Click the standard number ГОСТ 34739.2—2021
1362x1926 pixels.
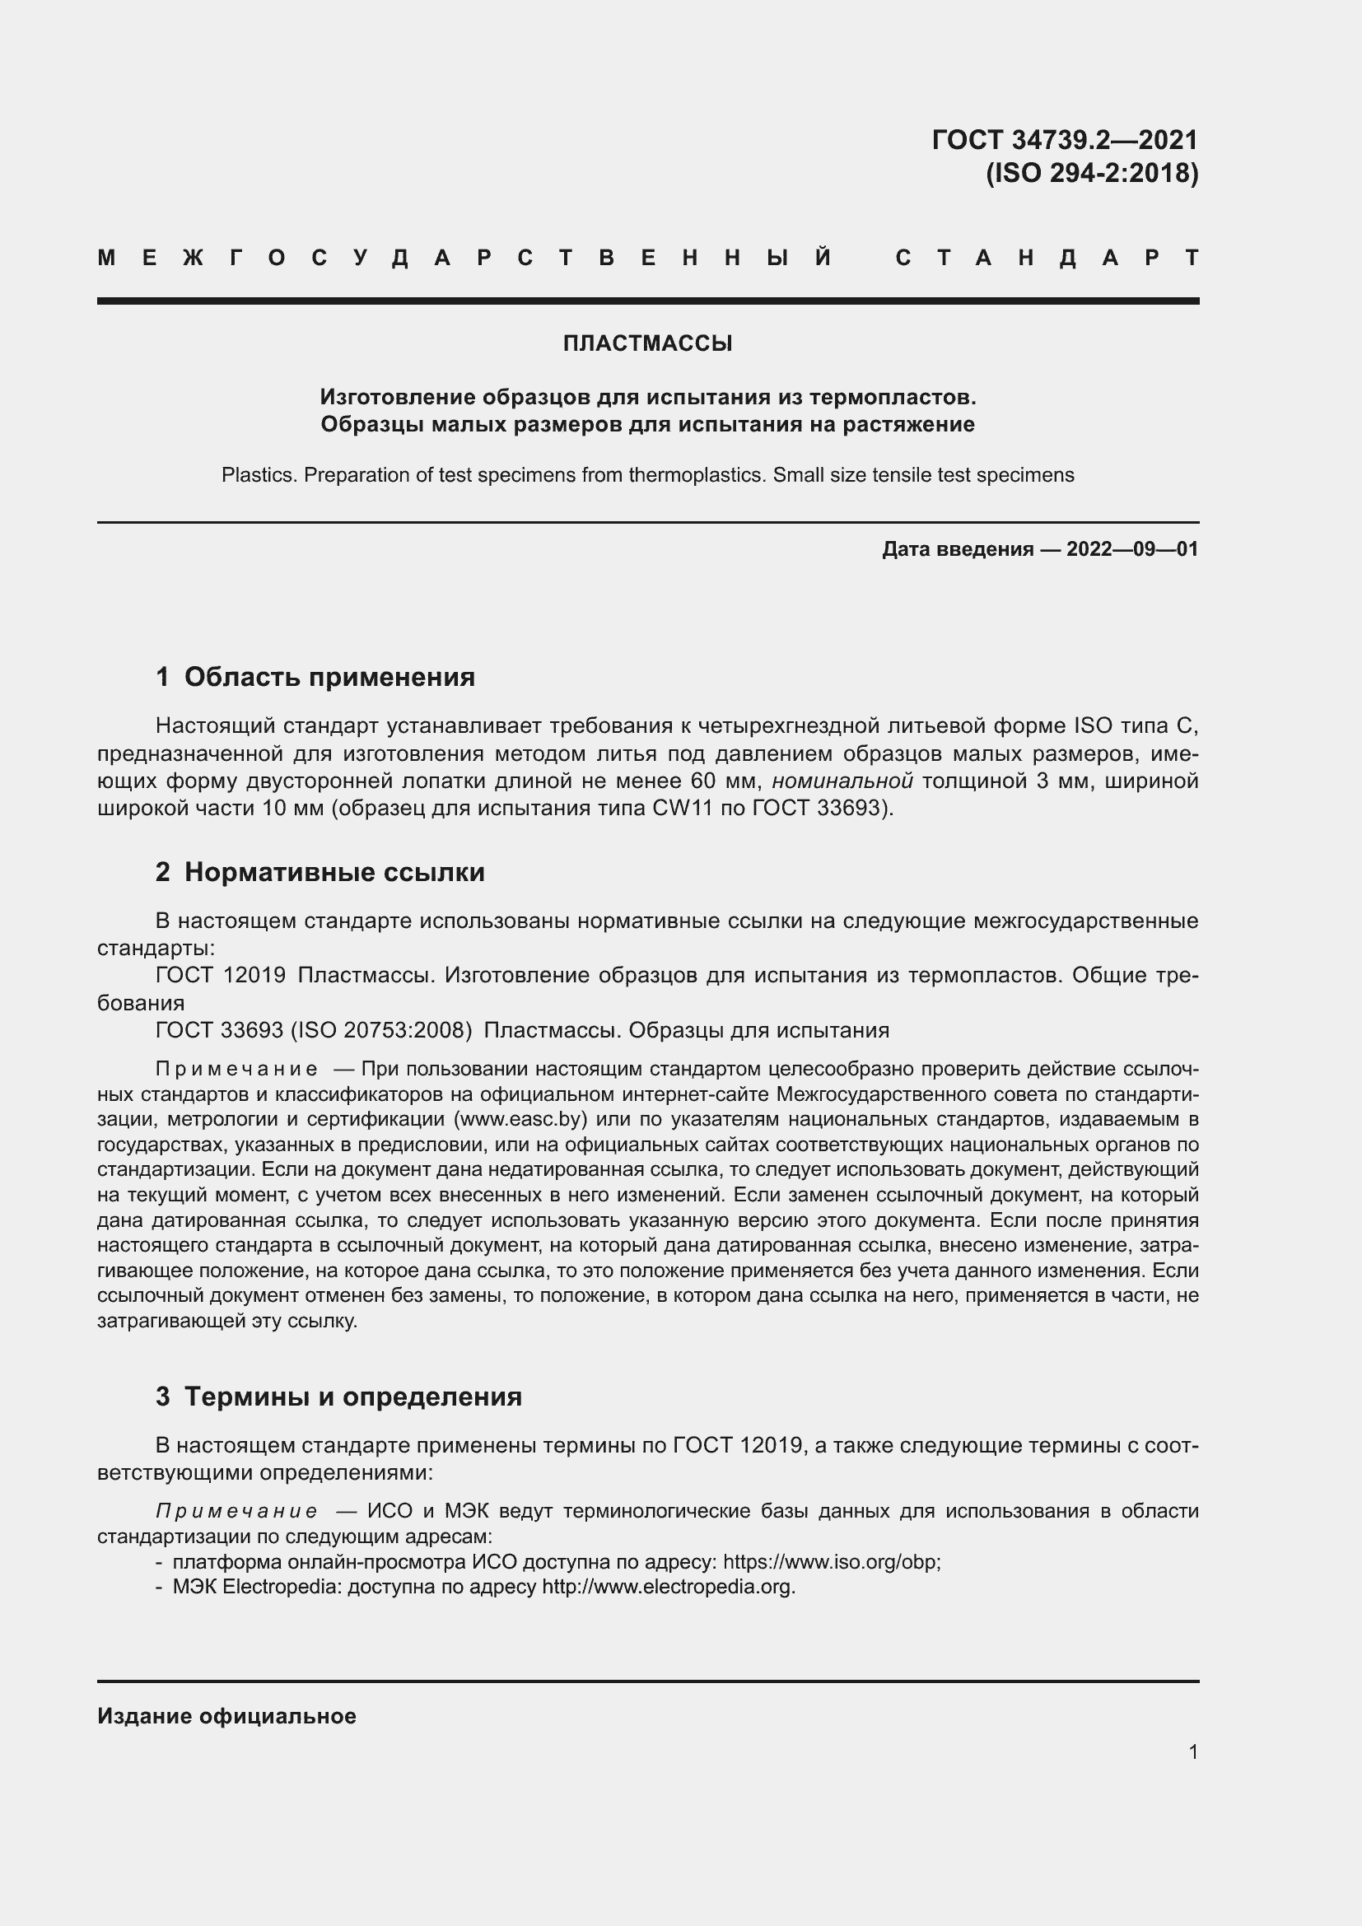pyautogui.click(x=1064, y=139)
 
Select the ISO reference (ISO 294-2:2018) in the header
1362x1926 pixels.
pyautogui.click(x=1091, y=173)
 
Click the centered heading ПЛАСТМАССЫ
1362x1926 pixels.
pyautogui.click(x=647, y=343)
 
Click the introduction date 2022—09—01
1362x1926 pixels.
pyautogui.click(x=1131, y=549)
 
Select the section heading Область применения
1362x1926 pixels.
pyautogui.click(x=329, y=676)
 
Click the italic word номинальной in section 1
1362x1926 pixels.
pyautogui.click(x=842, y=781)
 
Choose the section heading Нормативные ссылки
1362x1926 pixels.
pyautogui.click(x=334, y=871)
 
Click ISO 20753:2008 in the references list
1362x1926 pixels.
pyautogui.click(x=381, y=1029)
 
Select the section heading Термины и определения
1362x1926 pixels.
pyautogui.click(x=352, y=1396)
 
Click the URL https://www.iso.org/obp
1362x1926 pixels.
pyautogui.click(x=830, y=1562)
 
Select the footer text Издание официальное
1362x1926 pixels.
pyautogui.click(x=226, y=1716)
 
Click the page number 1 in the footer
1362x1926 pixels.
pyautogui.click(x=1192, y=1751)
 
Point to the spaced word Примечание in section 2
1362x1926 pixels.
pyautogui.click(x=236, y=1069)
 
